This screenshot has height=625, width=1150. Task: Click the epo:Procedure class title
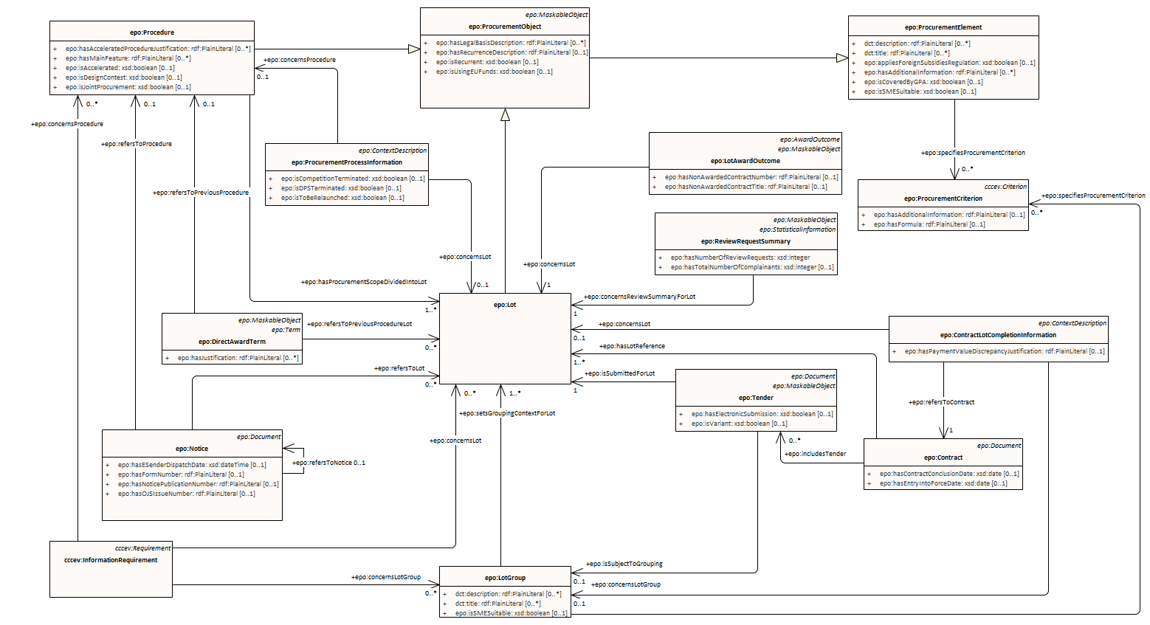coord(152,32)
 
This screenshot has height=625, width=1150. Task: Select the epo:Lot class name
coord(505,305)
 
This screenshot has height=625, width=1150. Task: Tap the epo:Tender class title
coord(756,398)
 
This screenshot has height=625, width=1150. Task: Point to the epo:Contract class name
coord(943,457)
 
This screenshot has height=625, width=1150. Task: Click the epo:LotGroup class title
coord(505,578)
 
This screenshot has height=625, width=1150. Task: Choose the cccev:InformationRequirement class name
coord(111,560)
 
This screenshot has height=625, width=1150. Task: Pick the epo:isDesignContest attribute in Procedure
coord(124,77)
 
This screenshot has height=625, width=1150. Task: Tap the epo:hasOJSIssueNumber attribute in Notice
coord(186,494)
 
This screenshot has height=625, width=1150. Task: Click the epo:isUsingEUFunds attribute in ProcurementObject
coord(494,72)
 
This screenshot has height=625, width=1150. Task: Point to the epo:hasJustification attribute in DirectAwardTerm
coord(238,358)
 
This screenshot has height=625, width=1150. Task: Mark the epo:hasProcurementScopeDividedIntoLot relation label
coord(364,282)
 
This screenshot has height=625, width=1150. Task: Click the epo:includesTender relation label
coord(815,454)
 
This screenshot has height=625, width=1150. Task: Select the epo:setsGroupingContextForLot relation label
coord(507,413)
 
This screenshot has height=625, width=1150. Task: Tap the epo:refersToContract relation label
coord(941,402)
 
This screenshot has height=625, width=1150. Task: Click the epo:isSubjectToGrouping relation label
coord(624,564)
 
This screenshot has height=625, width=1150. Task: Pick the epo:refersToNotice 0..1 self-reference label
coord(328,463)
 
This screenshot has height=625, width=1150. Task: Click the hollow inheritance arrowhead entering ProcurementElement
coord(841,58)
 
